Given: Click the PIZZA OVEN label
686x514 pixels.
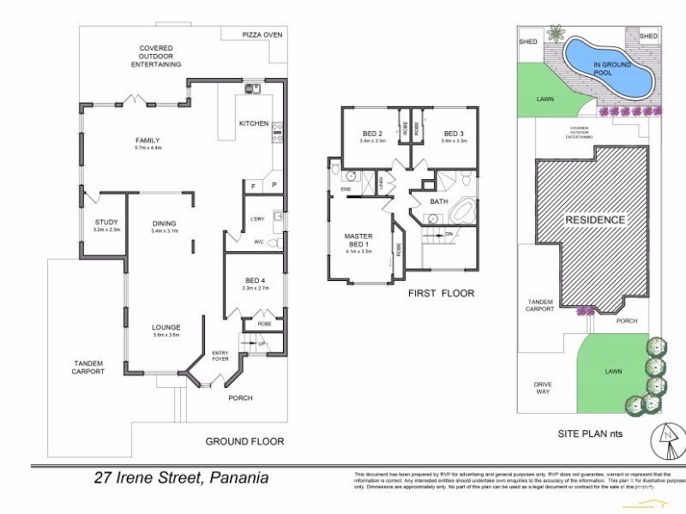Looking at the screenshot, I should point(262,34).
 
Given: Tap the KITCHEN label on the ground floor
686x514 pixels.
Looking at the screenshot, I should point(253,123).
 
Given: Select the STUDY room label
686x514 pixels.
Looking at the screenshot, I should point(106,223).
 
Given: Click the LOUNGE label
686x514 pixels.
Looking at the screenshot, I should point(165,327).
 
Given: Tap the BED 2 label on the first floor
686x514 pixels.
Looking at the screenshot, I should point(372,134).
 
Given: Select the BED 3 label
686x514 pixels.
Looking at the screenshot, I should point(454,134).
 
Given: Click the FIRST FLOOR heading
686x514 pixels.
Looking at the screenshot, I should point(441,293).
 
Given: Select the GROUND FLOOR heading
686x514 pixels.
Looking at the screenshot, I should point(244,442).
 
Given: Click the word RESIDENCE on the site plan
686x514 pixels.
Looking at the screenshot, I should point(595,219).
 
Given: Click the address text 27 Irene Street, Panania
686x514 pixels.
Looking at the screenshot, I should point(181,478).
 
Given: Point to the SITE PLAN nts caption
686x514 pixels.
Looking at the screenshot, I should point(590,434).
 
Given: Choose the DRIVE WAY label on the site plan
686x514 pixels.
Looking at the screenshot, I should point(543,387).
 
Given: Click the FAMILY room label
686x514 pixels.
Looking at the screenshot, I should point(147,141).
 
